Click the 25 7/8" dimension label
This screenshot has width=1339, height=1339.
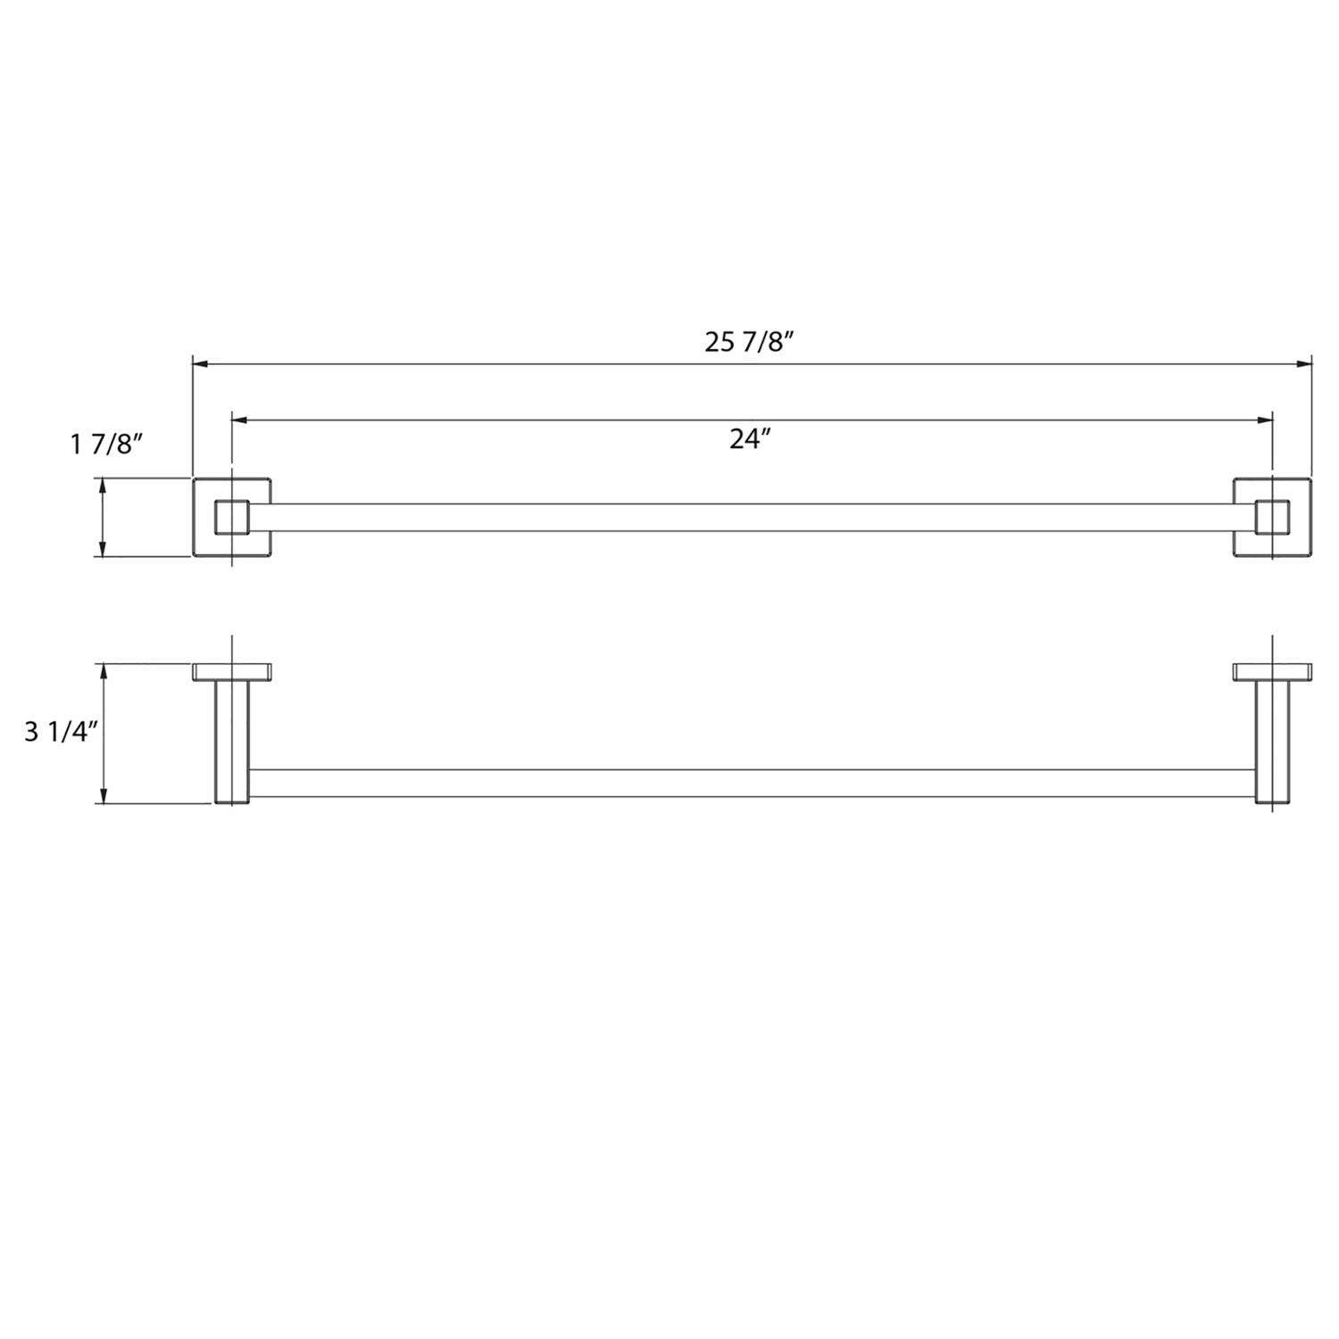coord(749,342)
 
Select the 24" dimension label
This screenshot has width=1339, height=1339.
coord(749,438)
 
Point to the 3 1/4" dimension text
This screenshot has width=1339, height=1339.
coord(60,731)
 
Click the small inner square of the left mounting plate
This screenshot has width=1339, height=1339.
coord(232,518)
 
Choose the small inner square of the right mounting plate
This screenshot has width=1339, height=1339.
coord(1271,518)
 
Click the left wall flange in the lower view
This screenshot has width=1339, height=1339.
coord(233,671)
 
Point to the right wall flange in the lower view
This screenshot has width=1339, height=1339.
coord(1272,671)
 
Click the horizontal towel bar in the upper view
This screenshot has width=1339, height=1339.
coord(750,518)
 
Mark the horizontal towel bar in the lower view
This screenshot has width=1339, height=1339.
coord(750,783)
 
